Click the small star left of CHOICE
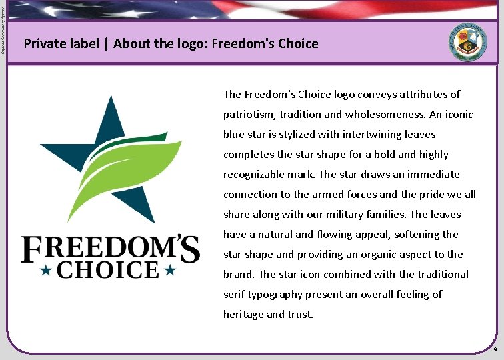tap(47, 270)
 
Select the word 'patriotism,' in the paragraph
tap(248, 115)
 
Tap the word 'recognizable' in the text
tap(255, 175)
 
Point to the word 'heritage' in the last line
tap(243, 315)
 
